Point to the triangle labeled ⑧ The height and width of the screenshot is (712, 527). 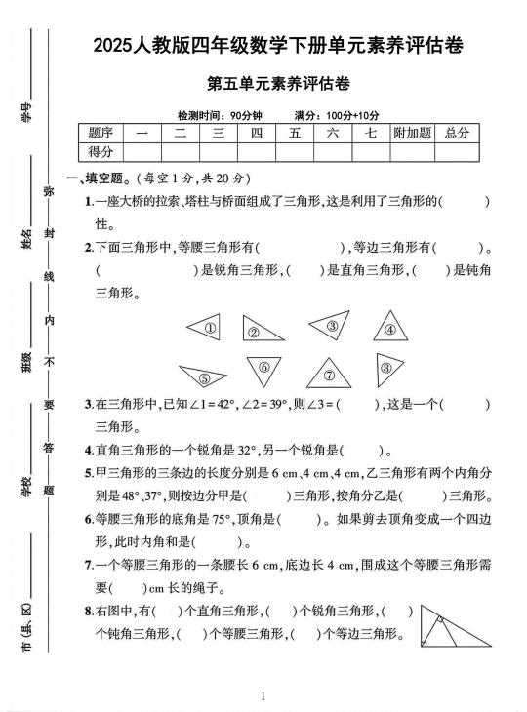386,368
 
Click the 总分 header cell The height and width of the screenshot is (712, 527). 457,133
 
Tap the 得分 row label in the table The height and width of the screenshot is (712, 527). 101,151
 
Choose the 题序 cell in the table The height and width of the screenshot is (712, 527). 101,133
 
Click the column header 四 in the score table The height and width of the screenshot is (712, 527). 256,133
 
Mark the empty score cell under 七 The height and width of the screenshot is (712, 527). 369,151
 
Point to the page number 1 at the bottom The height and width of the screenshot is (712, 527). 263,695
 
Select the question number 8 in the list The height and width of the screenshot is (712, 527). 88,612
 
